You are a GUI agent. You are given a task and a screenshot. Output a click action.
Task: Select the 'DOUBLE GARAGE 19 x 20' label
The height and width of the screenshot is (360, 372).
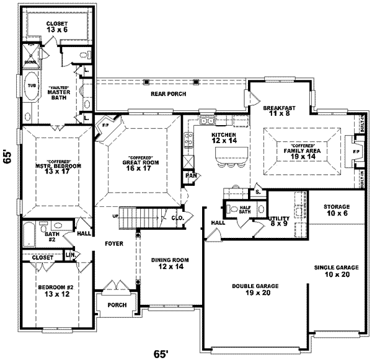tap(255, 290)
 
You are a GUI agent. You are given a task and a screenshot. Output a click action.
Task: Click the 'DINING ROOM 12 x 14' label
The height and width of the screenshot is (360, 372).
tap(170, 263)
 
